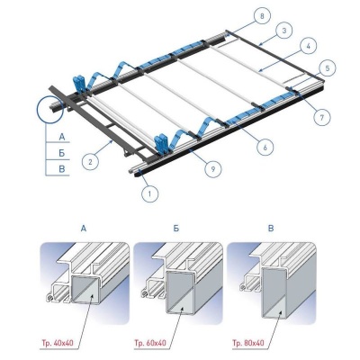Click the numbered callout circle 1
(150, 193)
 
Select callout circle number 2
(91, 162)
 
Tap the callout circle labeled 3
(284, 31)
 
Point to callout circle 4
(308, 46)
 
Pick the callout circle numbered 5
(328, 68)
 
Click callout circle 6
(265, 147)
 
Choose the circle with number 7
(322, 117)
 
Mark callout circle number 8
(262, 16)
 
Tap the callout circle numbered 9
(213, 169)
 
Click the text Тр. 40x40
(57, 343)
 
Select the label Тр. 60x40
(150, 343)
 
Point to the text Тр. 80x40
(248, 343)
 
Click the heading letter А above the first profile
(84, 229)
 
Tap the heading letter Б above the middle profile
(176, 229)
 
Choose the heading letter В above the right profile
(271, 229)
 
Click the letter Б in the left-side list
(62, 153)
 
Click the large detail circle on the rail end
(49, 110)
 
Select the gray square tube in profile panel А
(85, 291)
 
